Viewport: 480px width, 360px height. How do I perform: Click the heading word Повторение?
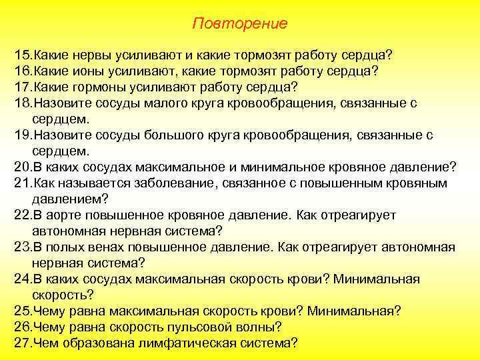click(239, 24)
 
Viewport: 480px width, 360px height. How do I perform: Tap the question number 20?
click(22, 167)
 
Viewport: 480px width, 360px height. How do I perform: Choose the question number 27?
click(22, 343)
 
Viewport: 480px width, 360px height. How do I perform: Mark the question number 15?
click(22, 53)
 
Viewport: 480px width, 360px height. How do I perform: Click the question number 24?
click(22, 279)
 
